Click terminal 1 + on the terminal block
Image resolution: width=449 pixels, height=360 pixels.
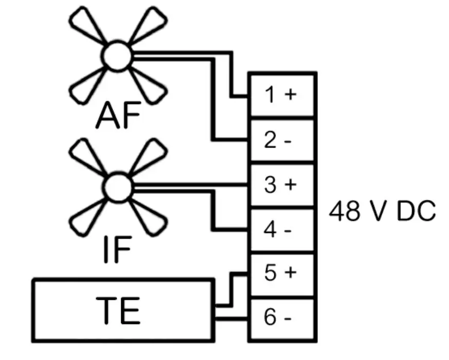pyautogui.click(x=282, y=95)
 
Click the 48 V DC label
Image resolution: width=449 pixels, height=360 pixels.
pyautogui.click(x=382, y=211)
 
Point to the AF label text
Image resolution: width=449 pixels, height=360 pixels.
pyautogui.click(x=118, y=116)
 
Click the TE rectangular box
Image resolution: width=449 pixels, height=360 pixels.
pyautogui.click(x=123, y=311)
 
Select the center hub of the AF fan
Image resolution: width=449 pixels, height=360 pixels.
pyautogui.click(x=118, y=56)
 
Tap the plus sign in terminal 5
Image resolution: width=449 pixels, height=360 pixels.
pyautogui.click(x=290, y=274)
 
